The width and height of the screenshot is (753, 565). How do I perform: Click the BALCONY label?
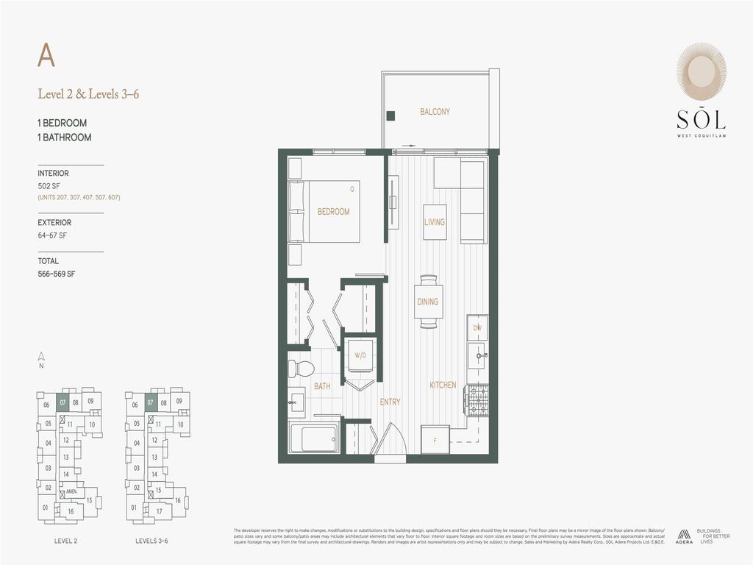[435, 112]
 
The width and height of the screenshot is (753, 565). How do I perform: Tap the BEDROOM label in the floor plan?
[333, 212]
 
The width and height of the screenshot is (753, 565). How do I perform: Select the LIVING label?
[434, 222]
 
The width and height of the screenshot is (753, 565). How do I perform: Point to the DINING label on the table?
[427, 302]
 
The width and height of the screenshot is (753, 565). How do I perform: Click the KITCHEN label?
[443, 385]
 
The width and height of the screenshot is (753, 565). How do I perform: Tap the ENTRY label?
[390, 402]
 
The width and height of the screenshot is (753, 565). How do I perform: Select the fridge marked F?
[435, 440]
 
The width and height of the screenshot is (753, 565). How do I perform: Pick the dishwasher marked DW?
[477, 327]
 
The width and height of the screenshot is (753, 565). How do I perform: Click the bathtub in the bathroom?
[314, 438]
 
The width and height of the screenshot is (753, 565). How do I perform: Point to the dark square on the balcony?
[391, 115]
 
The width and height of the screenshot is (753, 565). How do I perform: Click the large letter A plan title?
[46, 55]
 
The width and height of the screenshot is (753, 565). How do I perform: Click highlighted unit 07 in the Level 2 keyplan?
[63, 402]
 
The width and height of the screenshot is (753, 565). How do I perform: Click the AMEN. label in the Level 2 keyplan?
[72, 491]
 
